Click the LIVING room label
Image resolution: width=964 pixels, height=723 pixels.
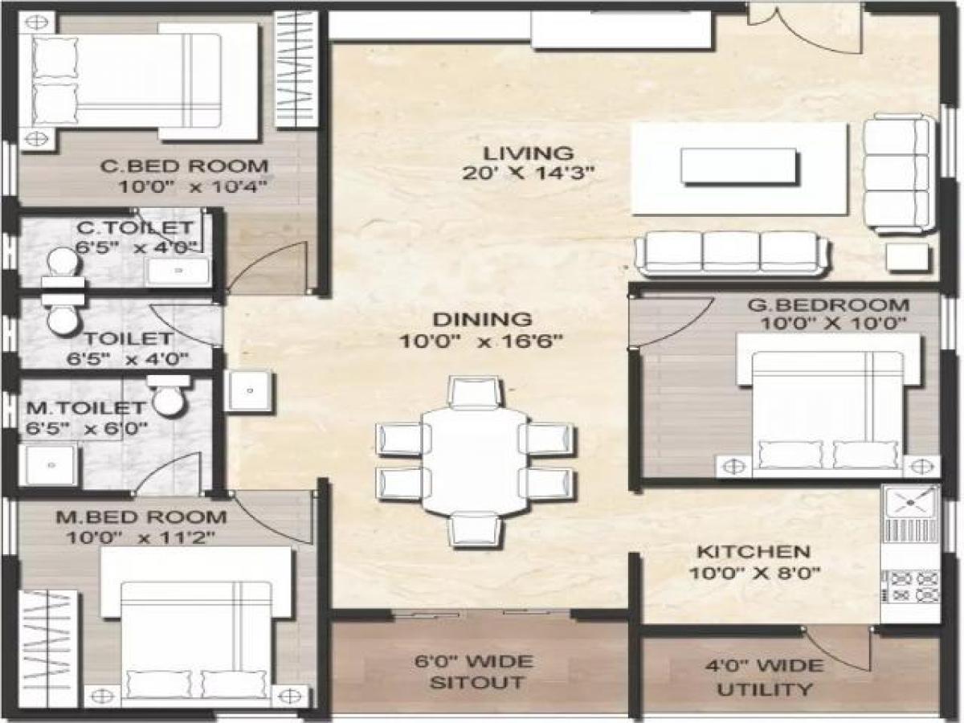coord(528,153)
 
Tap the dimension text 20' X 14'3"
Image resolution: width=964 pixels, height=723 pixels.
coord(528,172)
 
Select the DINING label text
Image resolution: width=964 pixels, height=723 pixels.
coord(480,320)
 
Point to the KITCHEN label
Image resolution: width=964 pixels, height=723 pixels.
coord(752,552)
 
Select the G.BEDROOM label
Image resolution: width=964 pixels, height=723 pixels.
coord(828,305)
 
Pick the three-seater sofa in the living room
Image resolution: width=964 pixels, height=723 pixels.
coord(730,253)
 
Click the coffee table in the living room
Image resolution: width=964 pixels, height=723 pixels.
coord(739,167)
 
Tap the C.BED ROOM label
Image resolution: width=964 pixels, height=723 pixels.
coord(184,167)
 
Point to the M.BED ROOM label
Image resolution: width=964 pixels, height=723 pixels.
coord(141,517)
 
